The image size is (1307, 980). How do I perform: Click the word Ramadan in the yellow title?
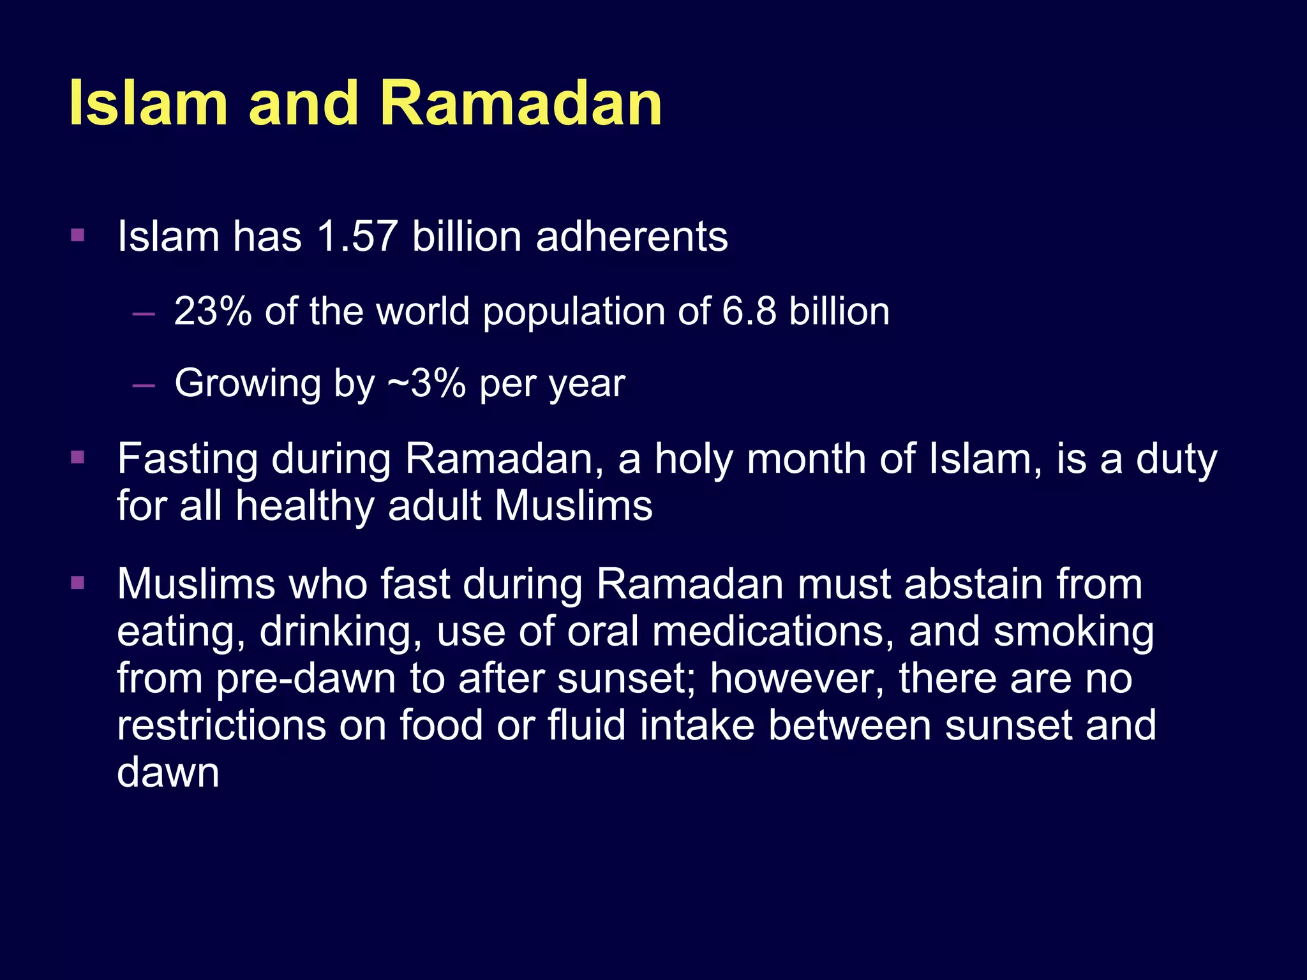coord(520,103)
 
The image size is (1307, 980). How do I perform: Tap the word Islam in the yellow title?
coord(148,103)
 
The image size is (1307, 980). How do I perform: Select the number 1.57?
coord(357,237)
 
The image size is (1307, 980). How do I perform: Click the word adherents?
coord(632,237)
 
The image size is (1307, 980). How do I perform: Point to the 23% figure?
coord(213,311)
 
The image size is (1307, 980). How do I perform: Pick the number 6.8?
coord(749,311)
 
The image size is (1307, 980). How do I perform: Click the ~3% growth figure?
coord(426,383)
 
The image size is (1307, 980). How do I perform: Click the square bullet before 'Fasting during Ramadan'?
coord(78,457)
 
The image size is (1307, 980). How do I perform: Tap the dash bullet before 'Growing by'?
coord(144,385)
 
